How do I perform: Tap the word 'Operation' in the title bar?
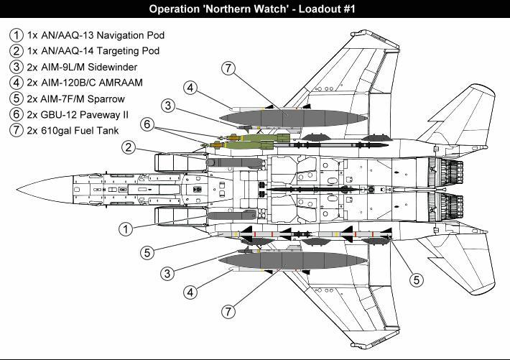coord(177,9)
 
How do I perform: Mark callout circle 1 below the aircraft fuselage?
coord(125,229)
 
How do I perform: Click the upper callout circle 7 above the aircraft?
coord(228,69)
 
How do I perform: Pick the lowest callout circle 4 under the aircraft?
coord(190,292)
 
